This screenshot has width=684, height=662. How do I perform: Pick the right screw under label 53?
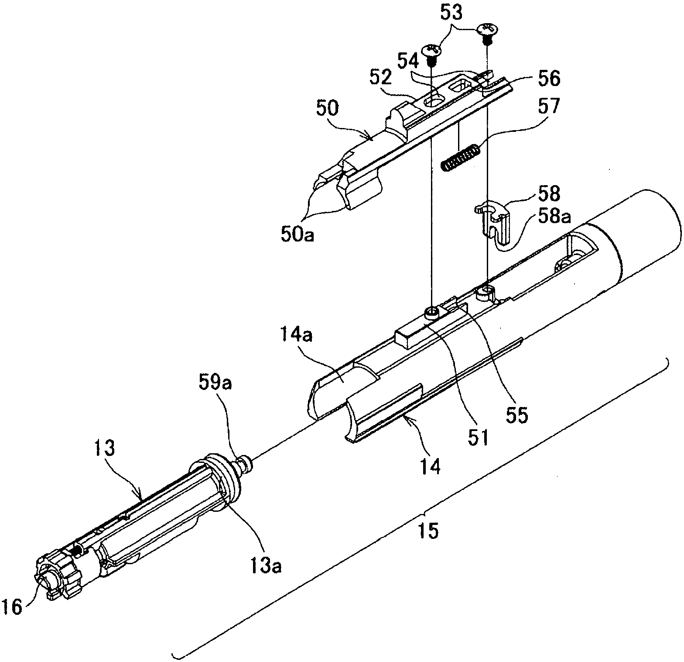click(x=486, y=32)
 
